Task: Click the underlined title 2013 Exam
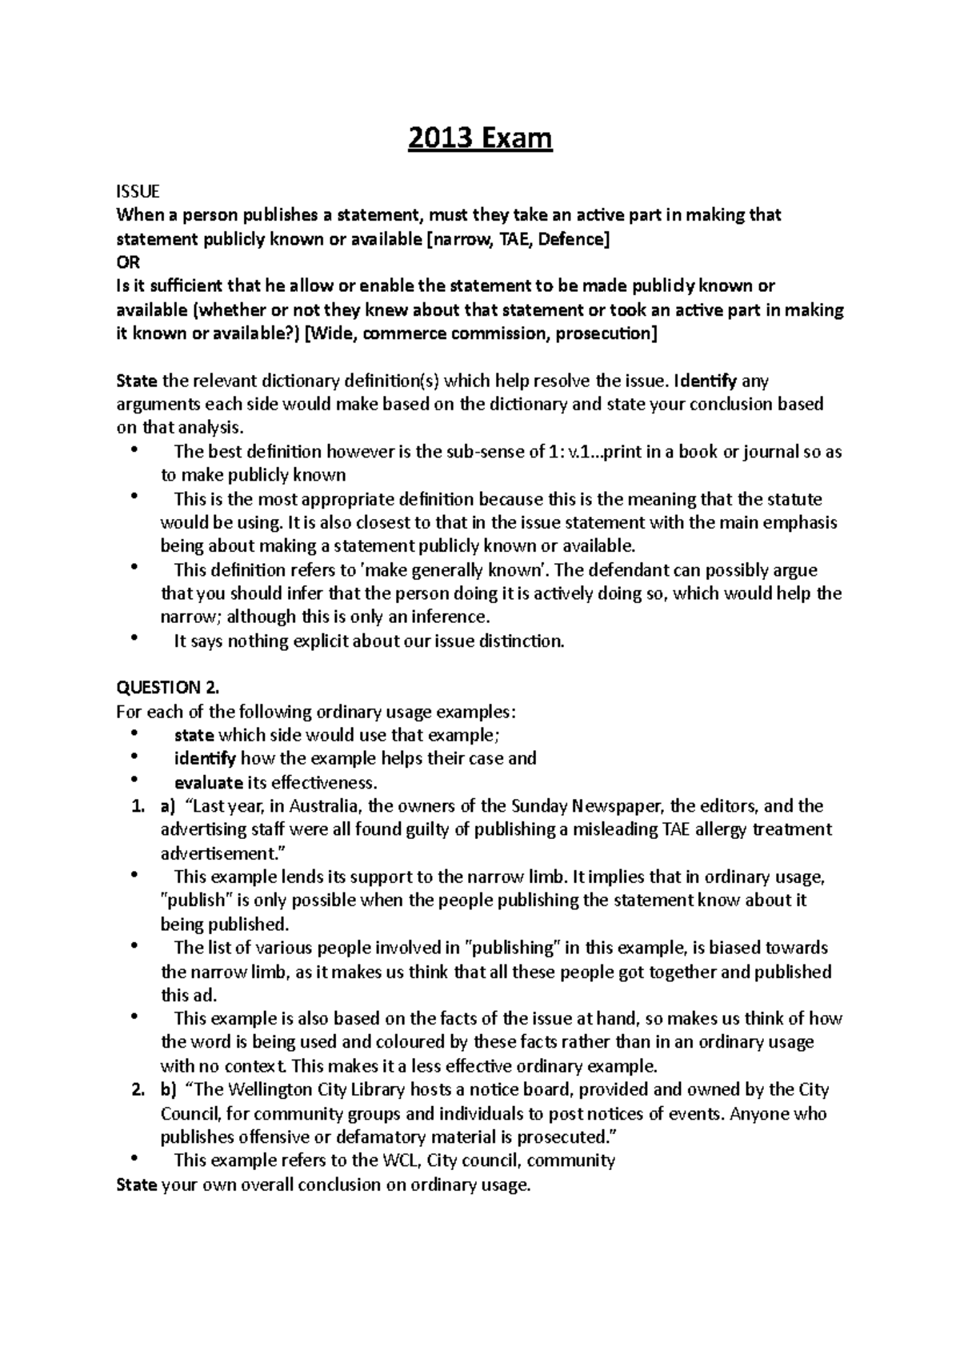pyautogui.click(x=480, y=139)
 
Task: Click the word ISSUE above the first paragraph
pyautogui.click(x=138, y=191)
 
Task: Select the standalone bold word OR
pyautogui.click(x=128, y=262)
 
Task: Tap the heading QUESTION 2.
pyautogui.click(x=167, y=687)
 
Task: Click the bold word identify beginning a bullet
pyautogui.click(x=205, y=758)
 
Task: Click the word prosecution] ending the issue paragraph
pyautogui.click(x=606, y=334)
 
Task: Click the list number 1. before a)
pyautogui.click(x=136, y=805)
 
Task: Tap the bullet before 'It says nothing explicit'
pyautogui.click(x=134, y=640)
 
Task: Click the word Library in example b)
pyautogui.click(x=373, y=1089)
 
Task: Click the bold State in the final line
pyautogui.click(x=136, y=1184)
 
